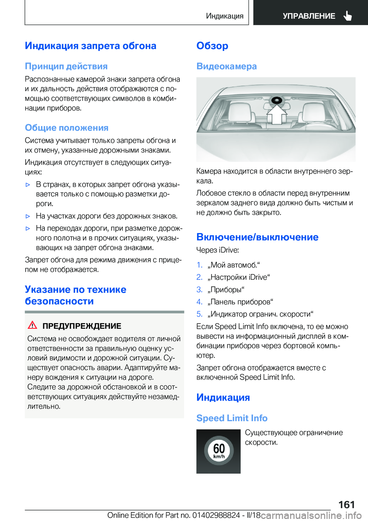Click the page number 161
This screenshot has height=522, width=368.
click(347, 504)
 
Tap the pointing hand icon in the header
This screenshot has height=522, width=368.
click(348, 16)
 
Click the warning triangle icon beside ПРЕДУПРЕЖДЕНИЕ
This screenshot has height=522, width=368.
click(33, 325)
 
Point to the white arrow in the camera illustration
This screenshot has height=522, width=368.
click(276, 114)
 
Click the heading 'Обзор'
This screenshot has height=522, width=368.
click(212, 46)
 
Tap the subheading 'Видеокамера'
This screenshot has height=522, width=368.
click(227, 66)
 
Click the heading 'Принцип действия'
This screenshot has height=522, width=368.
click(66, 66)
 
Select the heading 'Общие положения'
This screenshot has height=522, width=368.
click(67, 128)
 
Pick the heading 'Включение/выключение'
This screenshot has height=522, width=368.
click(257, 237)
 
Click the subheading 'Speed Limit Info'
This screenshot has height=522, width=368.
click(232, 418)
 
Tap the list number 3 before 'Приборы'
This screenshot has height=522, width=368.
click(199, 289)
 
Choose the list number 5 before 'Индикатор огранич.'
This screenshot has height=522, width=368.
click(199, 314)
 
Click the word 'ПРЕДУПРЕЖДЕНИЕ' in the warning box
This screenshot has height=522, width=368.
click(82, 326)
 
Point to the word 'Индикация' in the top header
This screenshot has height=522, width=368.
click(225, 16)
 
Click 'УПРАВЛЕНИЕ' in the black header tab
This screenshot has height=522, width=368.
click(309, 16)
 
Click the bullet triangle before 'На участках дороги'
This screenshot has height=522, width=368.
click(28, 216)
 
